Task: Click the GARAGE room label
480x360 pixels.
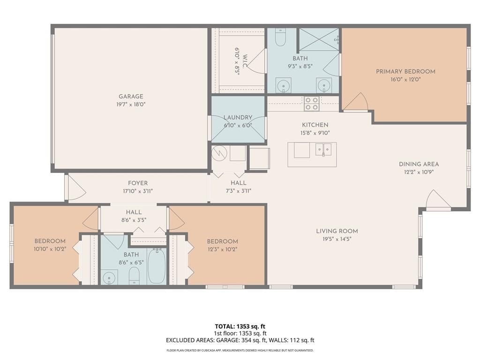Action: [x=131, y=97]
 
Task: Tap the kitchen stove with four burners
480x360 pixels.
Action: [x=312, y=104]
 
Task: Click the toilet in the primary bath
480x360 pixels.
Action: [x=280, y=37]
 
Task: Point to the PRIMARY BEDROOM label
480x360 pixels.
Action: [x=405, y=72]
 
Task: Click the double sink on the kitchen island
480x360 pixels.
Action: [x=323, y=150]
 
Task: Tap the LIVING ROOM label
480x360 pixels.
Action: [x=337, y=231]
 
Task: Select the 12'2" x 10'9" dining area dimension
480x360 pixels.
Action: [x=419, y=172]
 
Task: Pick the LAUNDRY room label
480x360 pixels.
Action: [x=238, y=118]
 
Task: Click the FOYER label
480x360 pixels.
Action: [x=138, y=183]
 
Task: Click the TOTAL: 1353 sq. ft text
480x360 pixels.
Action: [x=240, y=326]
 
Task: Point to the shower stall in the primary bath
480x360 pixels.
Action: [x=319, y=39]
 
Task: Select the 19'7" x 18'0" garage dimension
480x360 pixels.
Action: [x=131, y=105]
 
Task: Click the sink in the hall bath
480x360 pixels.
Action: [x=109, y=277]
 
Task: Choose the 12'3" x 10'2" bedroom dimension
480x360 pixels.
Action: [x=223, y=249]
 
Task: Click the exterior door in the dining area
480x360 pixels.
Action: [x=438, y=200]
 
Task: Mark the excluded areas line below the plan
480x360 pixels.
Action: [x=240, y=340]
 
